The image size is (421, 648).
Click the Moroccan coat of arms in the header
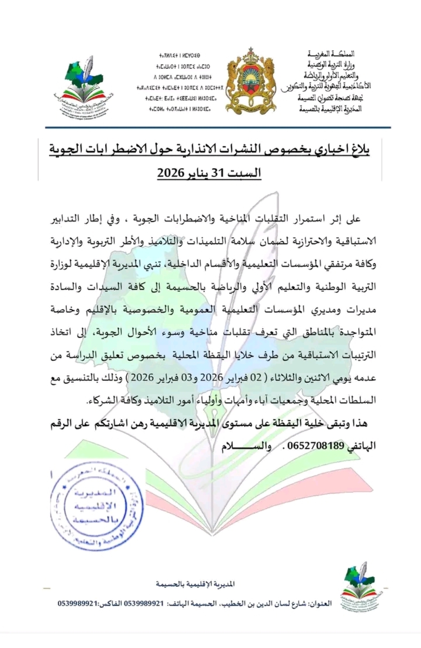pyautogui.click(x=251, y=82)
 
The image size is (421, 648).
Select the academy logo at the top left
pyautogui.click(x=82, y=87)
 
